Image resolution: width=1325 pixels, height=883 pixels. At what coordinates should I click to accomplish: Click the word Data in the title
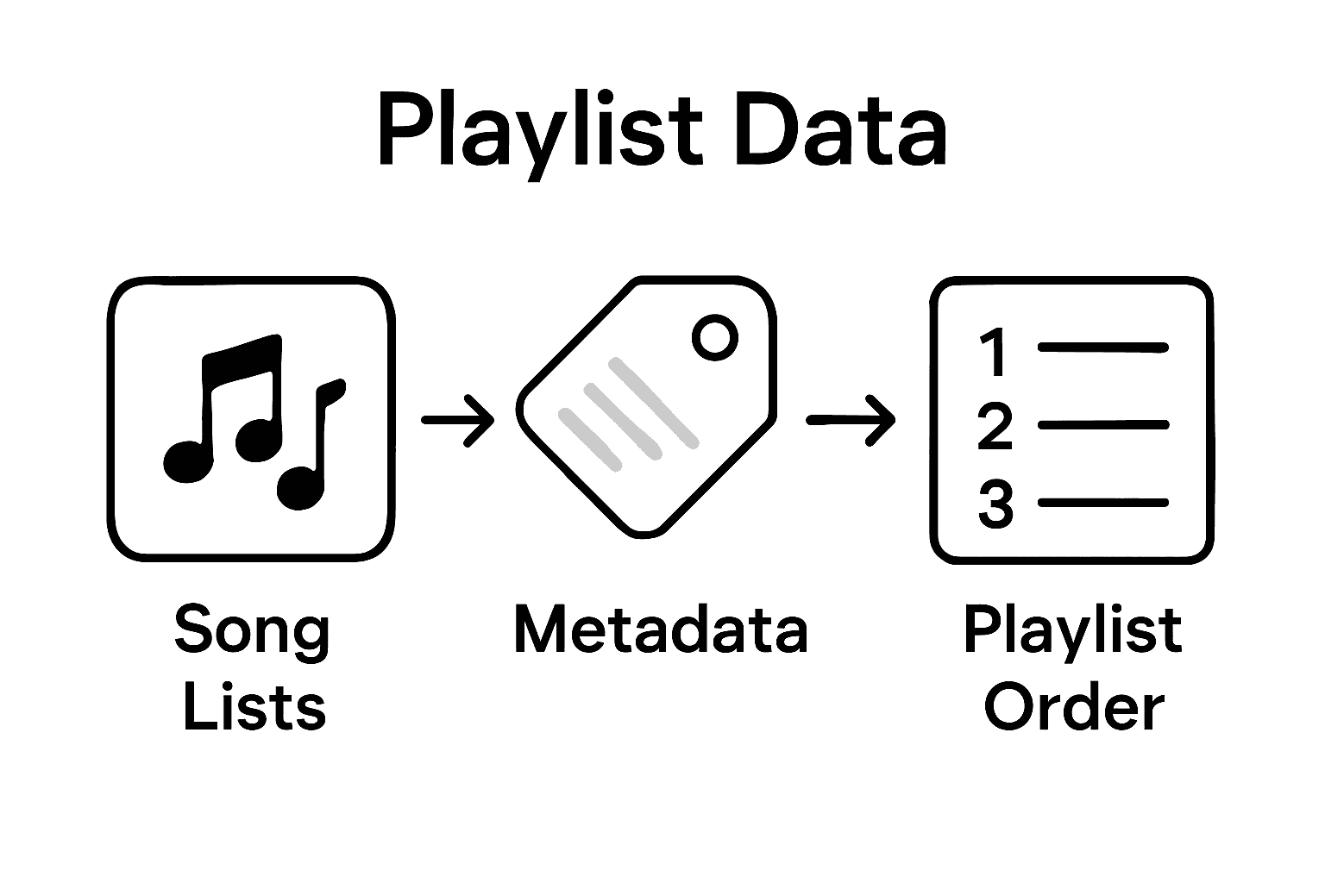[x=841, y=134]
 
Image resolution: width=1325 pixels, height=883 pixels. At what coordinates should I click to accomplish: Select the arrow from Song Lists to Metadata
[x=458, y=420]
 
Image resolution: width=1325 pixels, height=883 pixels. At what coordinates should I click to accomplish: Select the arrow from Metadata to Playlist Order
[x=851, y=420]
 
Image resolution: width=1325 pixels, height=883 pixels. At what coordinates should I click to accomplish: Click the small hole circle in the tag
[x=715, y=337]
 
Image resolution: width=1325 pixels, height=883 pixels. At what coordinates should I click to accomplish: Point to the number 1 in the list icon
[x=995, y=351]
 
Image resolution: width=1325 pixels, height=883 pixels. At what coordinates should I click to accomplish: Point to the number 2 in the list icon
[x=995, y=426]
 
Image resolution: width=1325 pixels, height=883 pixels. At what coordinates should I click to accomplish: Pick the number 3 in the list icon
[x=995, y=504]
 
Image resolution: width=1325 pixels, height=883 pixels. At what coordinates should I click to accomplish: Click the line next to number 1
[x=1103, y=348]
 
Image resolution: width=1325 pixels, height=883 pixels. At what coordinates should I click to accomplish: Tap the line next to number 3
[x=1103, y=502]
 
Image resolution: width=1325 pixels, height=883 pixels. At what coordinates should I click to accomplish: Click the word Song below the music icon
[x=252, y=631]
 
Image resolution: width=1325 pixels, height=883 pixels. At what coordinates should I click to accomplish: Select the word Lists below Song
[x=254, y=707]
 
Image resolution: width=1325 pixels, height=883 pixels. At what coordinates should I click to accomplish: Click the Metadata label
[x=661, y=629]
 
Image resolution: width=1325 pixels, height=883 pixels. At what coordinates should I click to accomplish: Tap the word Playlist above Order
[x=1072, y=631]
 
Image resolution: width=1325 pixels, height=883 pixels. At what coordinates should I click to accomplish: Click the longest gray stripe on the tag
[x=653, y=403]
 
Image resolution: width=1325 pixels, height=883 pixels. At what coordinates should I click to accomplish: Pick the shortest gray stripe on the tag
[x=591, y=439]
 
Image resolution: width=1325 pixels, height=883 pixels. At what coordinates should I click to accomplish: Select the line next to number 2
[x=1103, y=424]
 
